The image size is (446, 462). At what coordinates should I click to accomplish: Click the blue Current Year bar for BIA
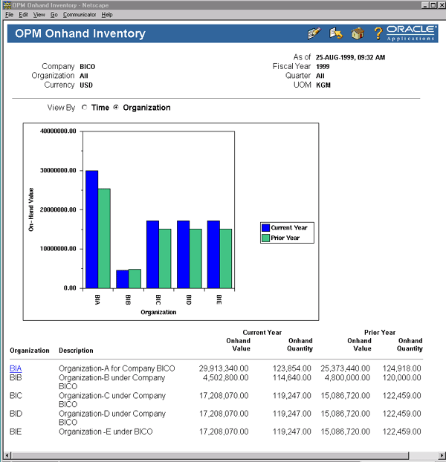pos(91,229)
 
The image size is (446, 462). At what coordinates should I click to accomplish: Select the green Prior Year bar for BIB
pos(135,278)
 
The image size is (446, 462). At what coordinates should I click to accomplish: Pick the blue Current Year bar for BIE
pos(213,254)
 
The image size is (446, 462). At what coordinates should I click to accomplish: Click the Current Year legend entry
pos(288,227)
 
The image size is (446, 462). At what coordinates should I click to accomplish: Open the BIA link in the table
pos(16,368)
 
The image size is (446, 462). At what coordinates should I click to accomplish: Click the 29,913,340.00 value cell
pos(224,368)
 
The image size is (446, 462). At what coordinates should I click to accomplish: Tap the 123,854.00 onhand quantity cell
pos(293,368)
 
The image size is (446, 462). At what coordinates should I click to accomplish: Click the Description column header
pos(76,351)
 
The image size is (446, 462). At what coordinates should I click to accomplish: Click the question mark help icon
pos(378,33)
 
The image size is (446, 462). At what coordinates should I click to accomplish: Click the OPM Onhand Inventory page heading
pos(80,34)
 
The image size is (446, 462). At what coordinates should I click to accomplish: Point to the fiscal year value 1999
pos(323,66)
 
